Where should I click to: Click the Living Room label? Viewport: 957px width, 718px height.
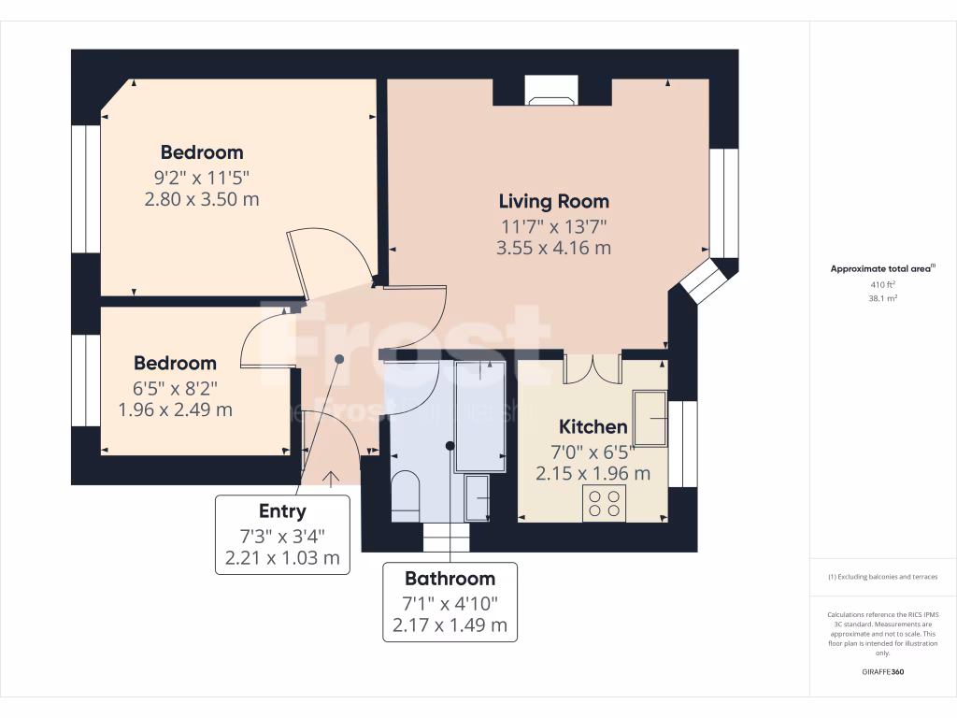(x=553, y=201)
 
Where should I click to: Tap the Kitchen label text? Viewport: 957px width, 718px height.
(x=593, y=427)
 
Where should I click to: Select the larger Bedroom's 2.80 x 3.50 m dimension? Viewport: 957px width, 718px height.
(x=202, y=199)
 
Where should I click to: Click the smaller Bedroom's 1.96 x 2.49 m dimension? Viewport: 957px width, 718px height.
(x=175, y=409)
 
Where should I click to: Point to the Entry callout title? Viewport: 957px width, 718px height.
(x=282, y=510)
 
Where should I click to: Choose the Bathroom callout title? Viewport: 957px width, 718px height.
(x=450, y=578)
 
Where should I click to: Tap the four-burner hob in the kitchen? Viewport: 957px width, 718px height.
(x=604, y=504)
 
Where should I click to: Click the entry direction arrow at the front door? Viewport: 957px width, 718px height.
(x=331, y=478)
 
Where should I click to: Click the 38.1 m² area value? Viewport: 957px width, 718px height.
(x=882, y=299)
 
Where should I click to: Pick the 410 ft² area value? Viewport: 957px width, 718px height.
(x=882, y=284)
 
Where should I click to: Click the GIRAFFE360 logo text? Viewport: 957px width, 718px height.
(x=882, y=672)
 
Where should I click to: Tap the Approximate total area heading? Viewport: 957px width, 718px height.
(x=882, y=268)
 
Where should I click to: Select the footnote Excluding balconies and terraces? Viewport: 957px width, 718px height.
(x=882, y=577)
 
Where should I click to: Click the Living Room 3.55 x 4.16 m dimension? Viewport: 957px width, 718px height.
(x=553, y=248)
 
